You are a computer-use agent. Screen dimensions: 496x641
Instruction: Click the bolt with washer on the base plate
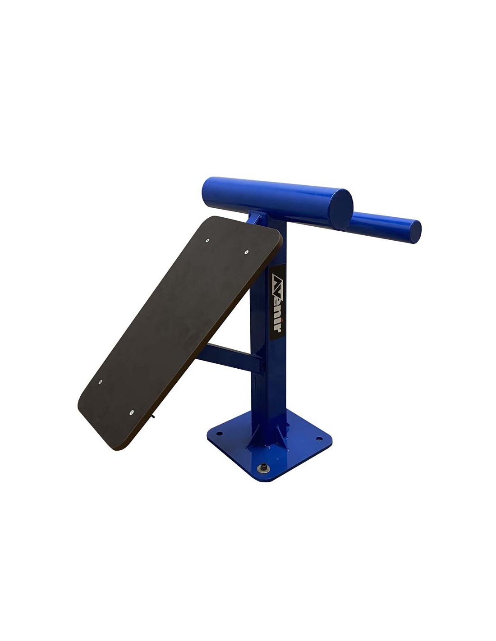click(262, 466)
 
